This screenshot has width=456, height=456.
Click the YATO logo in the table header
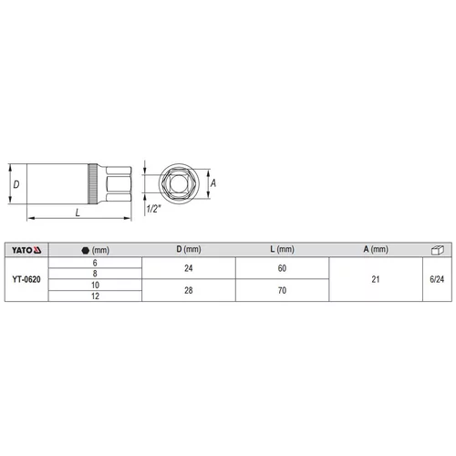point(26,250)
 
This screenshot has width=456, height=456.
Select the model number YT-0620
point(26,279)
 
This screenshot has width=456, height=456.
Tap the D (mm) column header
point(189,249)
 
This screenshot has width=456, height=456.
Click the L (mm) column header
point(282,249)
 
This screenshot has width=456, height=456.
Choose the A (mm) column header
point(376,249)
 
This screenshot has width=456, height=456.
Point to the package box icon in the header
point(438,250)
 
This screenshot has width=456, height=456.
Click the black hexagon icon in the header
point(86,250)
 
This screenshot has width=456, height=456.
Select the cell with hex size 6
point(95,263)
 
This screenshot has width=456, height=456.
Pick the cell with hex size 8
point(95,274)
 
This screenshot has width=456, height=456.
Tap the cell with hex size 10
point(95,285)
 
